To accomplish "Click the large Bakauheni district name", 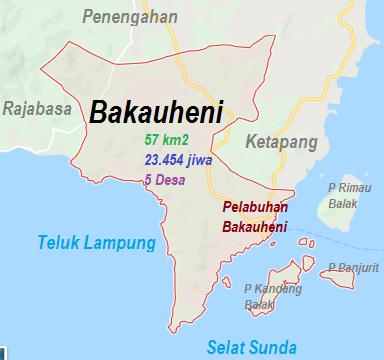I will coord(155,111).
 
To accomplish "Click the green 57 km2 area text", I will coord(167,139).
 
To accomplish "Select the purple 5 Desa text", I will coord(167,179).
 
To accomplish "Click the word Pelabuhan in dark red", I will coord(255,208).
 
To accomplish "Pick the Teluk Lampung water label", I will coord(97,243).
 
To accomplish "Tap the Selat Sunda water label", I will coord(251,347).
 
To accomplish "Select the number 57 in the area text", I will coord(152,139).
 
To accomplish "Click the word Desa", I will coord(174,179).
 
